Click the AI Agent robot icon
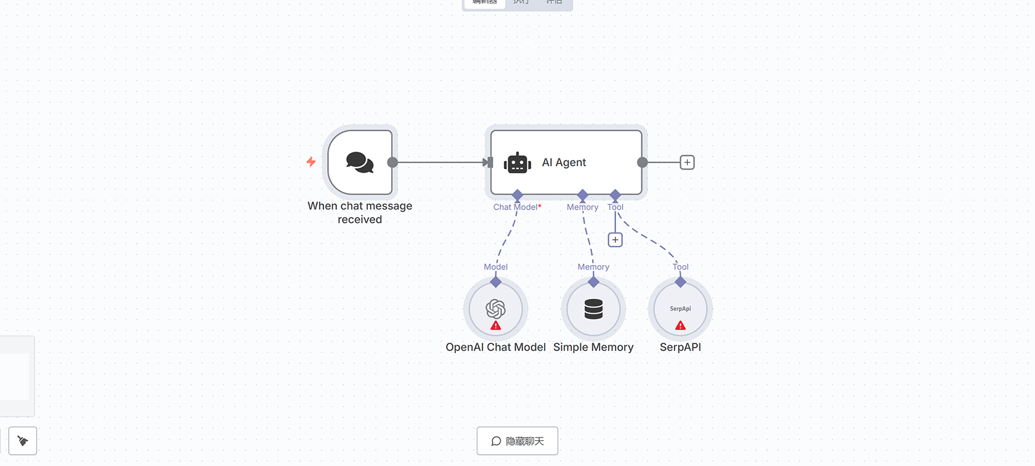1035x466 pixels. click(x=517, y=163)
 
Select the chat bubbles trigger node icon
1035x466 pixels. click(x=360, y=162)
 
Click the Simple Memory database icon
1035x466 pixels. click(x=593, y=309)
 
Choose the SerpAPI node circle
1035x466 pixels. click(x=680, y=308)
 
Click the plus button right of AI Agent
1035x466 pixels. click(x=687, y=162)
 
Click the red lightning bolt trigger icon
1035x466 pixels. click(x=311, y=161)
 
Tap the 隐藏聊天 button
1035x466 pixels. click(x=517, y=441)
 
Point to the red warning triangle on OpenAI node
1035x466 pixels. click(x=495, y=325)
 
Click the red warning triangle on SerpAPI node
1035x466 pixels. click(x=680, y=325)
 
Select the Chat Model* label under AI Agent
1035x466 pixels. click(x=517, y=207)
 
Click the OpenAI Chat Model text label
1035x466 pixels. click(x=495, y=347)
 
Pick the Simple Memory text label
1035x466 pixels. click(x=593, y=347)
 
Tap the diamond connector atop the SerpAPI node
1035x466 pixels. click(x=680, y=282)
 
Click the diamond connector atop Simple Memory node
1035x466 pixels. click(x=593, y=282)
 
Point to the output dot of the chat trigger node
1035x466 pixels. click(x=392, y=162)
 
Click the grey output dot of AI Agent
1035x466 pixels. click(x=642, y=162)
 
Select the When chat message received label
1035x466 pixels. click(x=360, y=213)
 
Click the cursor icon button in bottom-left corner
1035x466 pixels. click(x=23, y=441)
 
